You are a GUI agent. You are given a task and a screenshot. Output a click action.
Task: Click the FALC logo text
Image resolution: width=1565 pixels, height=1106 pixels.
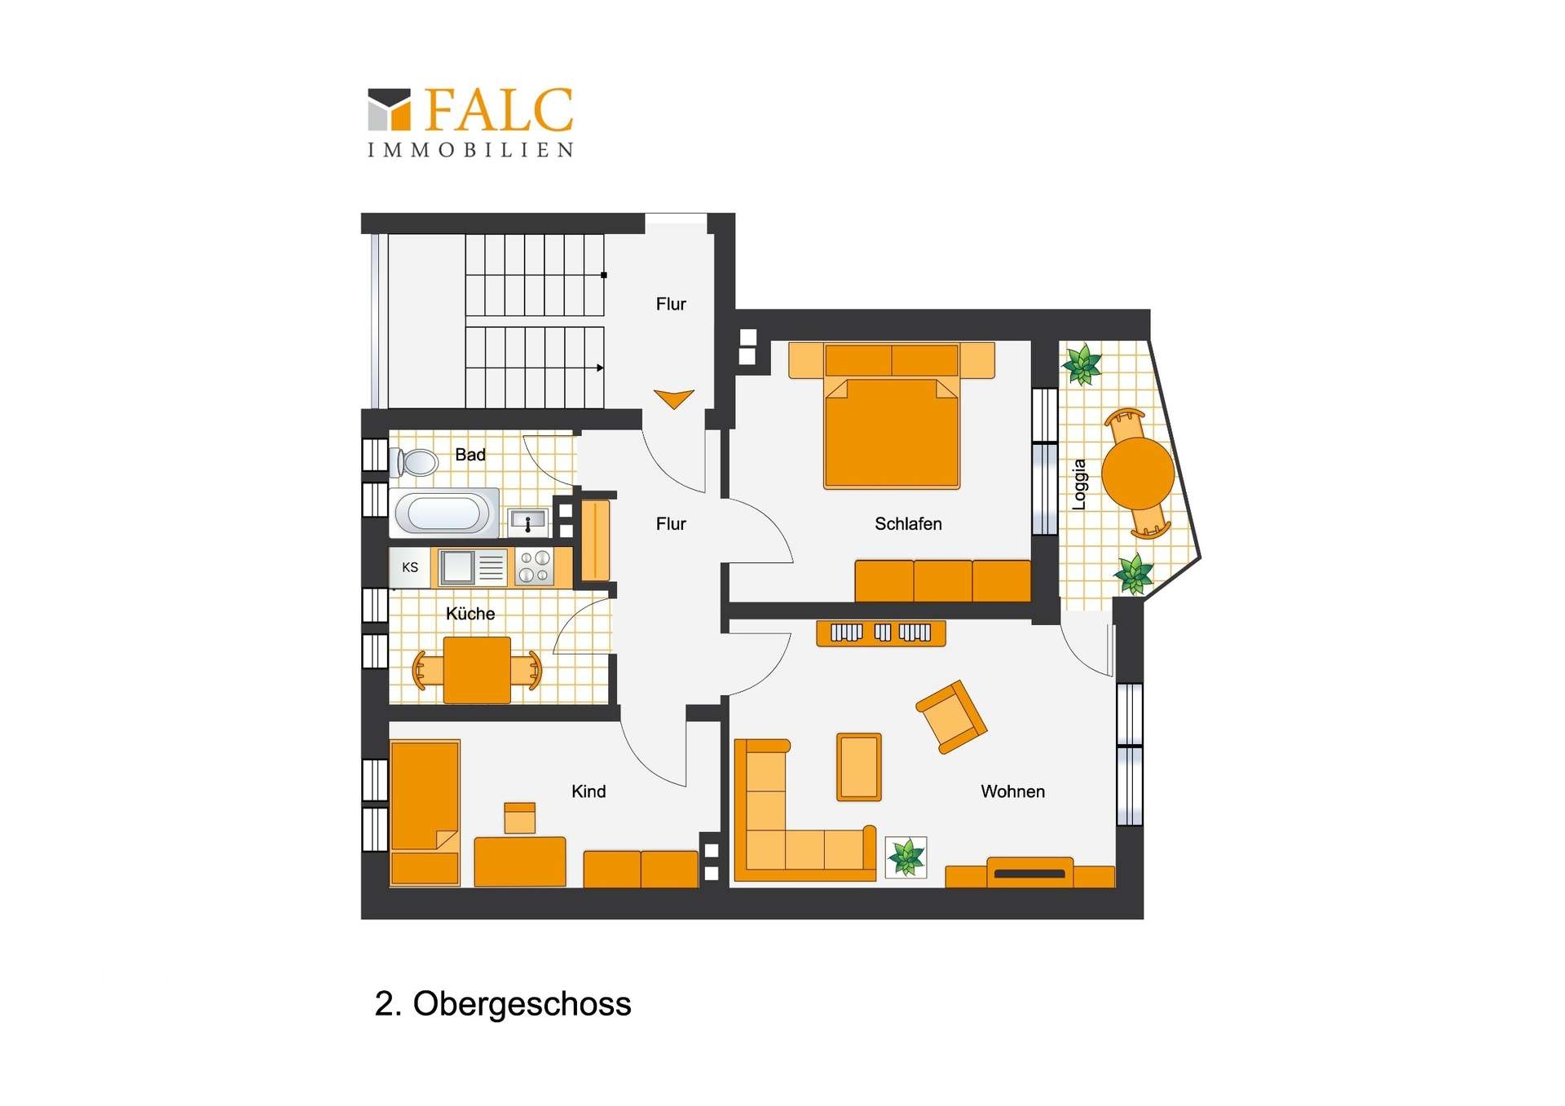(x=499, y=110)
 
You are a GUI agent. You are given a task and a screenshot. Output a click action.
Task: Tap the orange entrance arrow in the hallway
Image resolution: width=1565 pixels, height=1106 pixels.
(x=674, y=398)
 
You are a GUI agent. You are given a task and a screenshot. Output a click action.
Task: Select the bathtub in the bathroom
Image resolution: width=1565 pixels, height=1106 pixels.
(x=444, y=513)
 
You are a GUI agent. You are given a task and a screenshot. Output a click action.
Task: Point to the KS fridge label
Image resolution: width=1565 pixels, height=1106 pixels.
(x=410, y=567)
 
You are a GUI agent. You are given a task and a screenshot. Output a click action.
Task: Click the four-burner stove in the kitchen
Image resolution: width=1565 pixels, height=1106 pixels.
(x=534, y=567)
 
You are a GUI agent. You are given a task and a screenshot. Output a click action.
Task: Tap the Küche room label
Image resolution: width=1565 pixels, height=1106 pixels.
(x=470, y=614)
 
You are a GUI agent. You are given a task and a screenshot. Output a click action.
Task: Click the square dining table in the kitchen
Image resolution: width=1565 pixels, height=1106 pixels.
(x=477, y=670)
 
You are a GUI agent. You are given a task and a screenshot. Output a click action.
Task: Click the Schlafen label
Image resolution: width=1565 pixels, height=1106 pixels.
(x=908, y=524)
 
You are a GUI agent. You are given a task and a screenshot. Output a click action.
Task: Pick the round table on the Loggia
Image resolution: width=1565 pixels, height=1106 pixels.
(x=1138, y=473)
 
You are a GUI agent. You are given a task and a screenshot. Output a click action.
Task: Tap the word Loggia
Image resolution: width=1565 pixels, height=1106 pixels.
(x=1079, y=484)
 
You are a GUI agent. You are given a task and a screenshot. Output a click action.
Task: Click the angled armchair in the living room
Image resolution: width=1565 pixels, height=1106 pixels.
(x=951, y=717)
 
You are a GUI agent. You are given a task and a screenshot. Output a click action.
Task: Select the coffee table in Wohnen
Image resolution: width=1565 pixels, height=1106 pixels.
(x=859, y=767)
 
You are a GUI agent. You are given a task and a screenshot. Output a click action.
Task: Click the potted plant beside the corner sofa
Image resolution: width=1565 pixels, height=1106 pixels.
(x=906, y=857)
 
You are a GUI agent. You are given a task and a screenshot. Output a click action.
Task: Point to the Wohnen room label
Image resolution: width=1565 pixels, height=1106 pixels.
(x=1012, y=791)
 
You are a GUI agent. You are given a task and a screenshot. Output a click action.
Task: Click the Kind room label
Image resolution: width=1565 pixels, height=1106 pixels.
(x=589, y=791)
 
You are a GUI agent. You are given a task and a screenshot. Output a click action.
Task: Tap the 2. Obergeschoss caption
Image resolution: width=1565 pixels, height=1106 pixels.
(x=503, y=1004)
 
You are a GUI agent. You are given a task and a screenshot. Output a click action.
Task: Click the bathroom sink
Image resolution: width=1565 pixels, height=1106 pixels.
(x=527, y=519)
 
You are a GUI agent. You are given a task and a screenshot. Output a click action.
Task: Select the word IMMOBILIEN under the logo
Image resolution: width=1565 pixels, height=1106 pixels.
(x=471, y=150)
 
